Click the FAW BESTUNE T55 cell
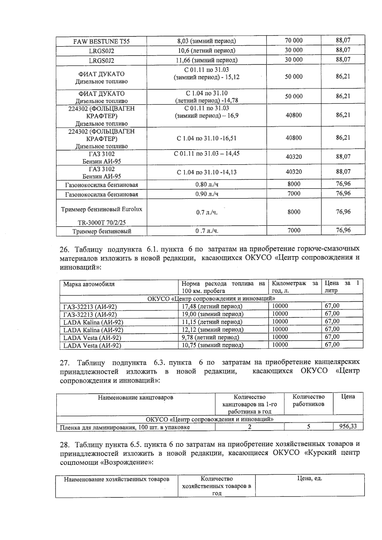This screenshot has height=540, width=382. pos(101,41)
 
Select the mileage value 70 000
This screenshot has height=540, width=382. pos(294,40)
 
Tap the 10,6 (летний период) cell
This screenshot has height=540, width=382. pos(206,51)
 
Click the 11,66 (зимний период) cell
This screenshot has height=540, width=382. pos(206,60)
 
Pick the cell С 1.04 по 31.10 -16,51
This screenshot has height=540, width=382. pos(206,139)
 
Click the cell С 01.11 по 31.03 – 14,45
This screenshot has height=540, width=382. pos(206,154)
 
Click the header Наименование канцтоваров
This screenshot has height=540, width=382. pos(136,398)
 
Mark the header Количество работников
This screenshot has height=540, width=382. pos(308,400)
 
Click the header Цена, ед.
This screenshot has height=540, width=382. pos(309,479)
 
